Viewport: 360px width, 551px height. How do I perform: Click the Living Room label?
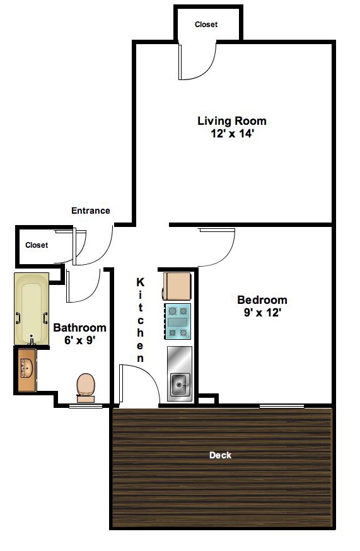[x=231, y=120]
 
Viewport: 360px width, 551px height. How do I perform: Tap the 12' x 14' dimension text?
[x=231, y=134]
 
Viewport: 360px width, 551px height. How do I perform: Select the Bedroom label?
[x=262, y=299]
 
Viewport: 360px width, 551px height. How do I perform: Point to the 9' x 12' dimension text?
[x=262, y=312]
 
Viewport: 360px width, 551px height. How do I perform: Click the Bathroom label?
[x=79, y=328]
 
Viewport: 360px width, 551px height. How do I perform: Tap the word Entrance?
[x=90, y=211]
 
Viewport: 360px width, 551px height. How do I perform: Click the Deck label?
[x=220, y=455]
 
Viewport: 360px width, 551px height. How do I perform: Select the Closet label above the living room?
[x=206, y=25]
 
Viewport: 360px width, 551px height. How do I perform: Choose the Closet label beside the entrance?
[x=36, y=245]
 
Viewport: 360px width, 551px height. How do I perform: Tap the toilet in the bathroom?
[x=85, y=386]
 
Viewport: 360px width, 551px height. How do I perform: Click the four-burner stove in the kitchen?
[x=178, y=321]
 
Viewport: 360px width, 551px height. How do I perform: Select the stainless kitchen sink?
[x=180, y=383]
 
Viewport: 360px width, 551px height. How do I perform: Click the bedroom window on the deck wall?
[x=282, y=405]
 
